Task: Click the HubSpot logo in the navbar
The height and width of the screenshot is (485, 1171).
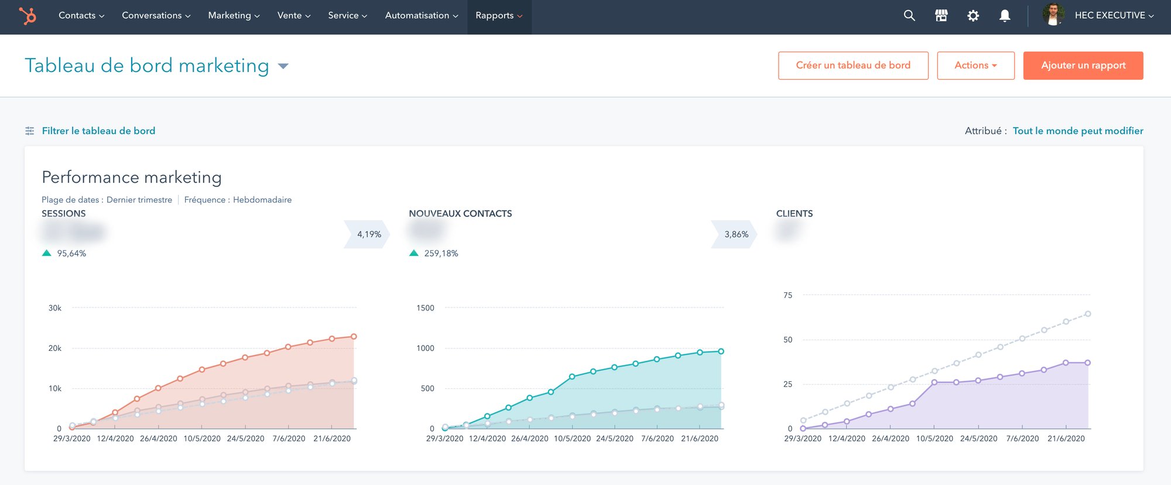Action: click(27, 16)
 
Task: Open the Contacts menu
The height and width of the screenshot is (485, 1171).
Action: click(81, 16)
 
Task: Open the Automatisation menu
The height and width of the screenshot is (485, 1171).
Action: click(421, 16)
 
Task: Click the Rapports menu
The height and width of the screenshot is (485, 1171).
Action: click(499, 16)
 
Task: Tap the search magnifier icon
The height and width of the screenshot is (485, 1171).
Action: click(909, 16)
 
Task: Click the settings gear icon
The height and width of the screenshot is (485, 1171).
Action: click(973, 16)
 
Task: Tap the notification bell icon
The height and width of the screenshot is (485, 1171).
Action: click(1005, 16)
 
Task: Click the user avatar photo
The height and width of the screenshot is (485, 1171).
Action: click(1053, 15)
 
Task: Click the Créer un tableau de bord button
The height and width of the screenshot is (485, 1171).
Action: click(852, 66)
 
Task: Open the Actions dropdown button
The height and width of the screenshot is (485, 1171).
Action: click(975, 66)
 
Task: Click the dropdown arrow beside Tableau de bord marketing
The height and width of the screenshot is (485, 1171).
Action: click(283, 66)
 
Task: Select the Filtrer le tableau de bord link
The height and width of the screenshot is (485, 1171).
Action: click(98, 131)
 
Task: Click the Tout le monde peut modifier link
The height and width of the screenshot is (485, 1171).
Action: click(1078, 131)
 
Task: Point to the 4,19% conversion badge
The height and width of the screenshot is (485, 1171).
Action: click(368, 234)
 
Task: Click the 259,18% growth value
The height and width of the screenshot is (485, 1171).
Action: click(441, 253)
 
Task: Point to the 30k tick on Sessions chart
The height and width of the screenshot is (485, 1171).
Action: click(54, 308)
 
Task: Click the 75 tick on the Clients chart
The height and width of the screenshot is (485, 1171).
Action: click(787, 295)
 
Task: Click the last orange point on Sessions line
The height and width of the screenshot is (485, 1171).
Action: click(354, 337)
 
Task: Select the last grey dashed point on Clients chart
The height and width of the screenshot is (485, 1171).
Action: click(1088, 314)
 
